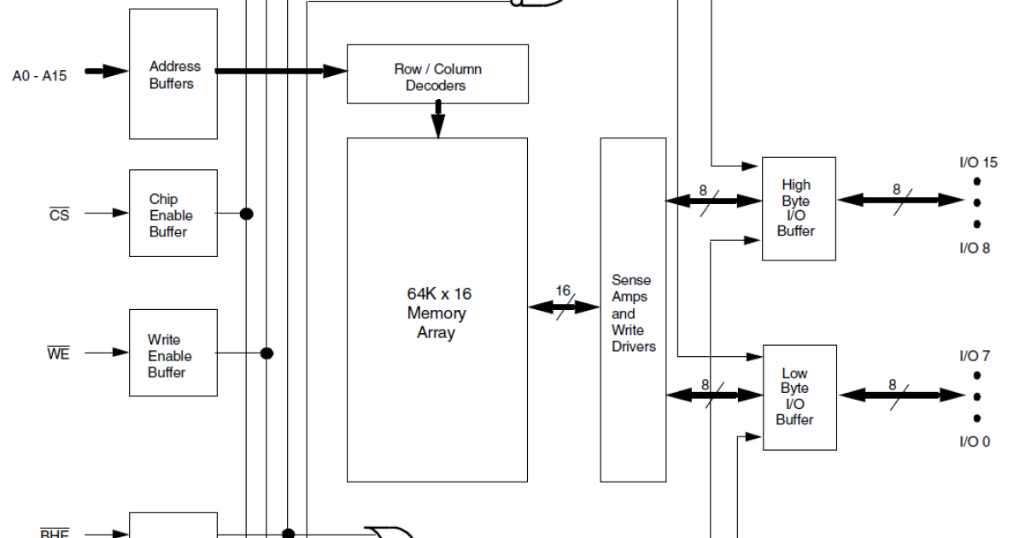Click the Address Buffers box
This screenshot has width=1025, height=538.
[173, 74]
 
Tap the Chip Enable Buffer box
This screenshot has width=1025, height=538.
[173, 213]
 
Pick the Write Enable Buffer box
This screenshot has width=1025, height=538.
[173, 353]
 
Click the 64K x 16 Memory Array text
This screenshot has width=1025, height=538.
[438, 313]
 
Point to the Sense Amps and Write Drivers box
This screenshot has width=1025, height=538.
[633, 313]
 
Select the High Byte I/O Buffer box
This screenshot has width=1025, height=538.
[798, 208]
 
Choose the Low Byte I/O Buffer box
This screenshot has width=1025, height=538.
[798, 396]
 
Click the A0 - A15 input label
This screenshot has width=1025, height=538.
[39, 74]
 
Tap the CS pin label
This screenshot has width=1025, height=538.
[59, 214]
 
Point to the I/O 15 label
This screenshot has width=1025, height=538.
[978, 162]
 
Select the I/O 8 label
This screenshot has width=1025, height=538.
[975, 249]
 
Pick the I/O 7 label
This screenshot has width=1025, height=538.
[975, 355]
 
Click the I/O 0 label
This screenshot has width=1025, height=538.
[975, 442]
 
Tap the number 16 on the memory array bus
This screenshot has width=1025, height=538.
[563, 291]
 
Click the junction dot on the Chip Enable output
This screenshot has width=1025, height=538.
[247, 213]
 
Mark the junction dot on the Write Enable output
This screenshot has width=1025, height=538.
[266, 353]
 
